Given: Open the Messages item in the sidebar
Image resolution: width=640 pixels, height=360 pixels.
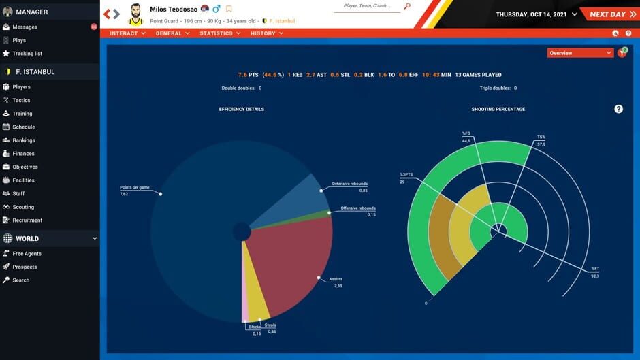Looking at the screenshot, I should (x=25, y=27).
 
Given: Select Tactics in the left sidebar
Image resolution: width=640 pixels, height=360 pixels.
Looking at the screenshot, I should (x=21, y=101).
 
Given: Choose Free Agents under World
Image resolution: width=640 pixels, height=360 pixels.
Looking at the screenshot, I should (x=27, y=254).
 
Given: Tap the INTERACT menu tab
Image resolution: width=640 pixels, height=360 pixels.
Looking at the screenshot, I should (x=127, y=33).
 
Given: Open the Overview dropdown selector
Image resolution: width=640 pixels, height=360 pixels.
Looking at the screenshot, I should (x=580, y=53).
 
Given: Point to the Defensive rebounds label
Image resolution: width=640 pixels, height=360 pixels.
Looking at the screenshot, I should (x=349, y=184).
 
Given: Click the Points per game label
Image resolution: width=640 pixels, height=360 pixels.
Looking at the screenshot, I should (x=134, y=187).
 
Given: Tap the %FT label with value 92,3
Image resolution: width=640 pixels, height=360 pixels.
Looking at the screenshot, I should (x=594, y=269).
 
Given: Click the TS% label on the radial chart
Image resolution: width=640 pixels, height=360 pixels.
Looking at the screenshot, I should (x=541, y=137).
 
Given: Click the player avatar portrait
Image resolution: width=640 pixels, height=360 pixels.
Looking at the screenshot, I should (x=136, y=14).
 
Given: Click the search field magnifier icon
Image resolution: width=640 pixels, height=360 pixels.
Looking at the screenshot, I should (x=407, y=6).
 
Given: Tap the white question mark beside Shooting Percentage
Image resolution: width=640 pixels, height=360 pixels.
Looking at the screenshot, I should (x=618, y=109).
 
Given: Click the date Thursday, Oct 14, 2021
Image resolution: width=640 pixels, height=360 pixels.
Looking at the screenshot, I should (x=532, y=14).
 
